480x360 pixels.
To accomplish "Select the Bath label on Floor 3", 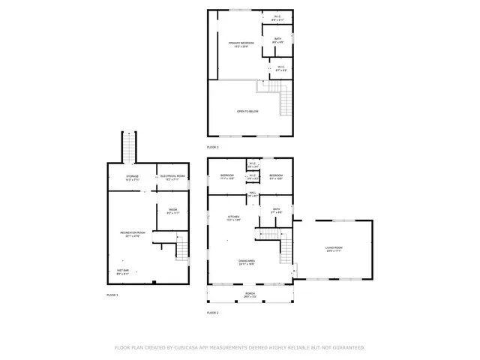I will pyautogui.click(x=277, y=39).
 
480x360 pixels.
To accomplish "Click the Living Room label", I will pyautogui.click(x=334, y=249).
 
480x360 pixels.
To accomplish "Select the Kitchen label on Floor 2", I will pyautogui.click(x=233, y=218).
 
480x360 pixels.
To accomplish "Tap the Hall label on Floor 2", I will pyautogui.click(x=252, y=194).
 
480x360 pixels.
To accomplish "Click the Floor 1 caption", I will pyautogui.click(x=112, y=295).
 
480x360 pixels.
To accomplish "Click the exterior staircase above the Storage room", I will pyautogui.click(x=130, y=145).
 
